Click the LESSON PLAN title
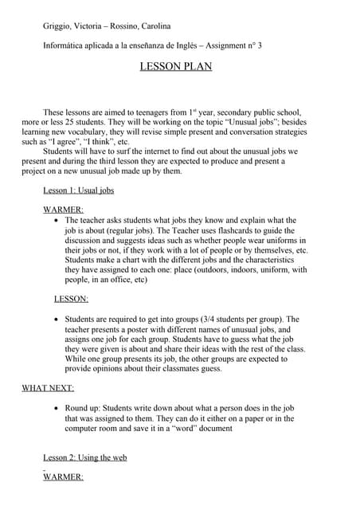click(176, 67)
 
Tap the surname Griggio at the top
click(59, 26)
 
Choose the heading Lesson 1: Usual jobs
click(78, 191)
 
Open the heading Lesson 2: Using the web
click(84, 457)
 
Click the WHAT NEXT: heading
click(48, 388)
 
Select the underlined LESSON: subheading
click(71, 299)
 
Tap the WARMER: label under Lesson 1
click(63, 210)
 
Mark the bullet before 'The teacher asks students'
click(54, 220)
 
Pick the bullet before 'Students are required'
click(54, 320)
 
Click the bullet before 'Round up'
click(54, 409)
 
